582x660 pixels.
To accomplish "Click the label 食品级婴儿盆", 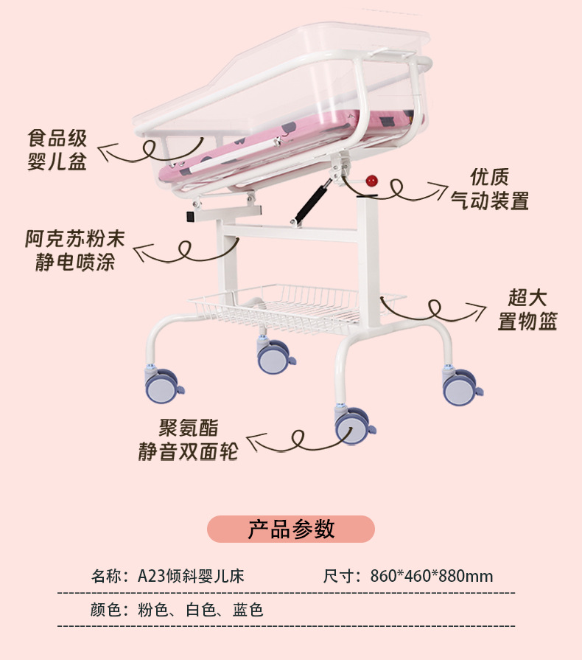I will tap(57, 150).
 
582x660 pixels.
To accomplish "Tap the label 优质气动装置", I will tap(490, 189).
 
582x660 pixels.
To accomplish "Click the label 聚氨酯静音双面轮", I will tap(189, 440).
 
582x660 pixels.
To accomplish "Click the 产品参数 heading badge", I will tap(291, 529).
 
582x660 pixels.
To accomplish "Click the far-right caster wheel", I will tap(460, 386).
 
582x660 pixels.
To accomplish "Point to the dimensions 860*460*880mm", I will tap(432, 576).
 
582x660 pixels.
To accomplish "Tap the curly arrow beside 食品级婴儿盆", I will tap(140, 151).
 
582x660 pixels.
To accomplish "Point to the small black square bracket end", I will tap(189, 217).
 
